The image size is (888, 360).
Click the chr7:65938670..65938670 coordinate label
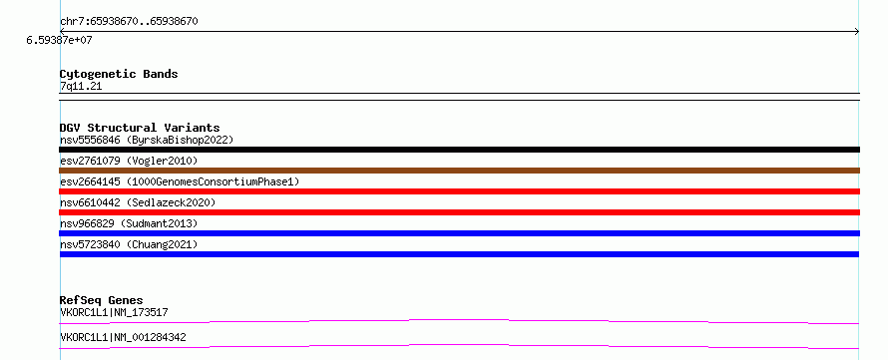click(x=129, y=22)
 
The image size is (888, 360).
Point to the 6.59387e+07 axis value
click(x=59, y=40)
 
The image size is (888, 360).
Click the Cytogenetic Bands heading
click(x=119, y=74)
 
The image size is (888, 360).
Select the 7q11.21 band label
click(x=81, y=87)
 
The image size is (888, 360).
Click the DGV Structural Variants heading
click(x=140, y=128)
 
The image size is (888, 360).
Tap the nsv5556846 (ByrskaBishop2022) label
click(x=147, y=140)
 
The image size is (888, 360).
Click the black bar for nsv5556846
click(x=459, y=150)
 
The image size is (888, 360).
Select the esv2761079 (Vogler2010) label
click(x=129, y=162)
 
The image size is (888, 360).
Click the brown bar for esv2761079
click(x=459, y=171)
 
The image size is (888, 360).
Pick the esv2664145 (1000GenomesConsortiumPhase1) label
click(x=180, y=182)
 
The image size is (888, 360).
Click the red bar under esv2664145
click(x=459, y=191)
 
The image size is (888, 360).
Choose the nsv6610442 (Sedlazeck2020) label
click(x=138, y=202)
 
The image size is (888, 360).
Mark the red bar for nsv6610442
click(x=459, y=212)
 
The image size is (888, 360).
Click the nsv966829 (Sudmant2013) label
click(x=129, y=223)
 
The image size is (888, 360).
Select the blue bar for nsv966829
click(x=459, y=233)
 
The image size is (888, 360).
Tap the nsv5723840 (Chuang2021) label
click(x=129, y=244)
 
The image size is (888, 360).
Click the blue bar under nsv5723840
click(x=459, y=254)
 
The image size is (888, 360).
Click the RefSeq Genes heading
click(x=102, y=300)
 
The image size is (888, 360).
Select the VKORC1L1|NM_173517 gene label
click(x=114, y=312)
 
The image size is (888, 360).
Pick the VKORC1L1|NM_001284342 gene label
click(x=123, y=338)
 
